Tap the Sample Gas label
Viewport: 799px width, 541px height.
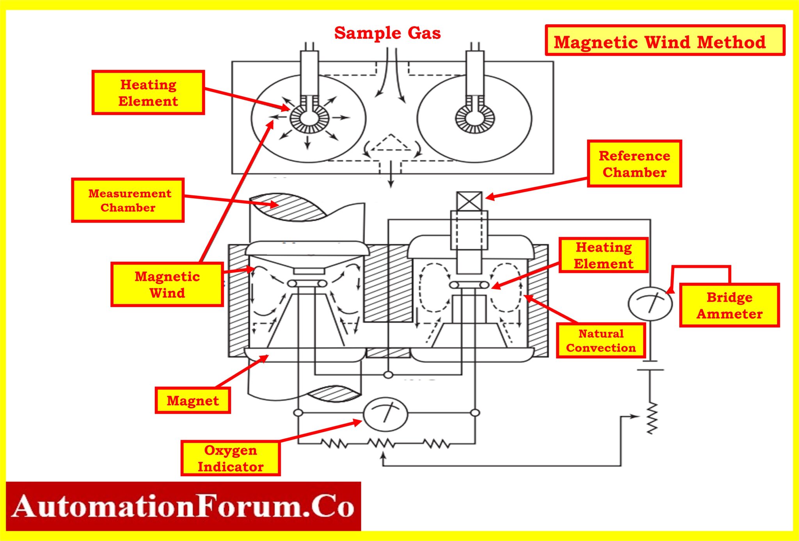[x=387, y=33]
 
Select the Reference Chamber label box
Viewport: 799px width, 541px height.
[x=634, y=164]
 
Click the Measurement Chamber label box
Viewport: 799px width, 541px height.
[x=128, y=200]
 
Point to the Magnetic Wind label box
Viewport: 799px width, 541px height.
[x=167, y=284]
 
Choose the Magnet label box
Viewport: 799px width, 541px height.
[x=193, y=400]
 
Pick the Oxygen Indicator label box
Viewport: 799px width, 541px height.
[x=231, y=458]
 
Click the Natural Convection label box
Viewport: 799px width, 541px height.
[x=601, y=340]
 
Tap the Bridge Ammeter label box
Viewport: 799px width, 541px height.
[x=729, y=305]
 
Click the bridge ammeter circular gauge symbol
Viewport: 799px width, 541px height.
[x=650, y=304]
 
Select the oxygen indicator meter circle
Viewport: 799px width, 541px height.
[x=385, y=415]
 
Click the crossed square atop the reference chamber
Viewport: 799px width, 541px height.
[x=469, y=201]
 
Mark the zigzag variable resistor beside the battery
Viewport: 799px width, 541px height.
[x=652, y=418]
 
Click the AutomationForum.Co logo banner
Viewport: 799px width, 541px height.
[x=183, y=506]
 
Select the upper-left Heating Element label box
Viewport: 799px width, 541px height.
[x=148, y=93]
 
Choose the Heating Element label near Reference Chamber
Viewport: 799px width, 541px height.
[x=604, y=255]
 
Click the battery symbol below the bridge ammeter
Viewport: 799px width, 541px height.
[x=650, y=366]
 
